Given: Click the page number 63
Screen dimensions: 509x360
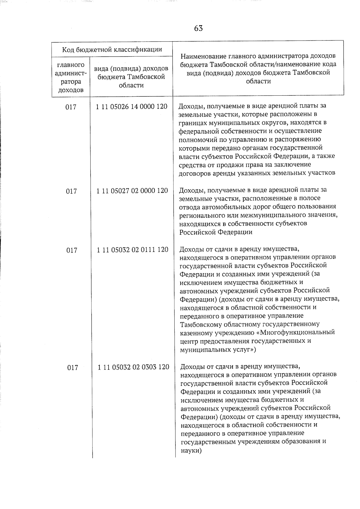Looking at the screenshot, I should [198, 28].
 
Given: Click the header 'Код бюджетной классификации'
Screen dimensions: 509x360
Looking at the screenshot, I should [112, 49].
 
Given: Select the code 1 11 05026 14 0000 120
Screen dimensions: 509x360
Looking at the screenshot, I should [132, 106].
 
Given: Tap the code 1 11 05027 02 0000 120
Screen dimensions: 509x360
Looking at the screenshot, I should [132, 191].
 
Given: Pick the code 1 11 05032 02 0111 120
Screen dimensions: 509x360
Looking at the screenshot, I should [133, 250].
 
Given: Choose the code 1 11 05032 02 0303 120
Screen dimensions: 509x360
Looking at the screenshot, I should [133, 367].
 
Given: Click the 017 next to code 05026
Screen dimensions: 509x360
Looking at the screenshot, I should [71, 107].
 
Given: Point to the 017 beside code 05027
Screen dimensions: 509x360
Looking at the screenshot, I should [71, 191].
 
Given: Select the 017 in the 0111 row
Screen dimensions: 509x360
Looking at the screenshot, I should [72, 250].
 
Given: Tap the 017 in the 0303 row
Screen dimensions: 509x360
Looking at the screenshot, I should [73, 368].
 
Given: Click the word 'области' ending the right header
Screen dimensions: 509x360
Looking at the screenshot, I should [258, 81].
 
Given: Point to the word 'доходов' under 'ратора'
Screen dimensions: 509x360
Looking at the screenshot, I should [70, 90].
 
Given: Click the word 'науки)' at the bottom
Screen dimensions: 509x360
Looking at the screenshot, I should [191, 450].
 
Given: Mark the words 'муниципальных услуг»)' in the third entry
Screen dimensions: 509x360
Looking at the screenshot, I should [218, 350].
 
